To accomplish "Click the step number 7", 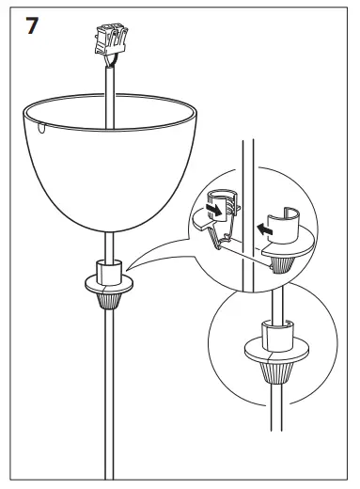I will point(31,25).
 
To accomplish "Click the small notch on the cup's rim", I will point(43,124).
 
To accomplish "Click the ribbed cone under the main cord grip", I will point(110,298).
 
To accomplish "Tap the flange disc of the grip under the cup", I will point(110,283).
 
